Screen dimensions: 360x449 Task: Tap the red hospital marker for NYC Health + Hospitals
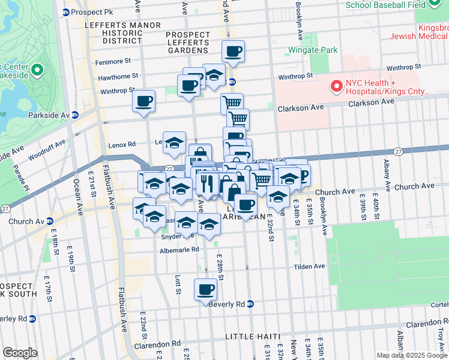click(x=336, y=87)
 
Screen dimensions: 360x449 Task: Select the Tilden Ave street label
click(x=309, y=266)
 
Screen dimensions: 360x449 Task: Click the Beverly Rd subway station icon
click(x=250, y=304)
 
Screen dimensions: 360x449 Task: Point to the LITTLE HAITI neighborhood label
click(x=252, y=337)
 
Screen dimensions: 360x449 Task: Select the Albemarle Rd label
click(x=179, y=250)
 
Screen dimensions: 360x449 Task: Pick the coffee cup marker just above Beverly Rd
click(x=205, y=289)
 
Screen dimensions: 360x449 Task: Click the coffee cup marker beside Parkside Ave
click(x=143, y=101)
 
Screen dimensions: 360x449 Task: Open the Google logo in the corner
click(x=19, y=353)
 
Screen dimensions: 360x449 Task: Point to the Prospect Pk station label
click(x=91, y=12)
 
